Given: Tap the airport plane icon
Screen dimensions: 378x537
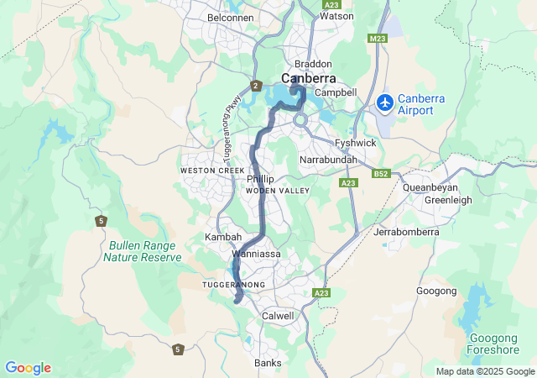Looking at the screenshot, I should point(385,102).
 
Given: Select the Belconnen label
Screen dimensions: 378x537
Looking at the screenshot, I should point(229,17).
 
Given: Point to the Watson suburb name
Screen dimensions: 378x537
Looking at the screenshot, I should point(336,16).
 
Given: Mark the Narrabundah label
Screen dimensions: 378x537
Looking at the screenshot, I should point(328,160).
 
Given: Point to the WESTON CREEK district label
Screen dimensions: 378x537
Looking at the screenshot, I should point(211,171).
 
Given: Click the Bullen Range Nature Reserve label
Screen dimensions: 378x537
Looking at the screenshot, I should point(142,251).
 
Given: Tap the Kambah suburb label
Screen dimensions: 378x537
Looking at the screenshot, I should point(223,238).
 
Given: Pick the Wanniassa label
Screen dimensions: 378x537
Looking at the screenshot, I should point(256,253).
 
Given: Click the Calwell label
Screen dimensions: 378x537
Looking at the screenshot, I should point(279,316).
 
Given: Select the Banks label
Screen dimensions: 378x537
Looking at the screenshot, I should point(268,363).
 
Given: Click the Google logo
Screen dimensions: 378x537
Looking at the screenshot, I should point(28,368).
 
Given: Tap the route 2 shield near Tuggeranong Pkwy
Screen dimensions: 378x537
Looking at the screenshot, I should point(255,86).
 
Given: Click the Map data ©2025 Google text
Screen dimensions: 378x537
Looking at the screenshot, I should point(484,371).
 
